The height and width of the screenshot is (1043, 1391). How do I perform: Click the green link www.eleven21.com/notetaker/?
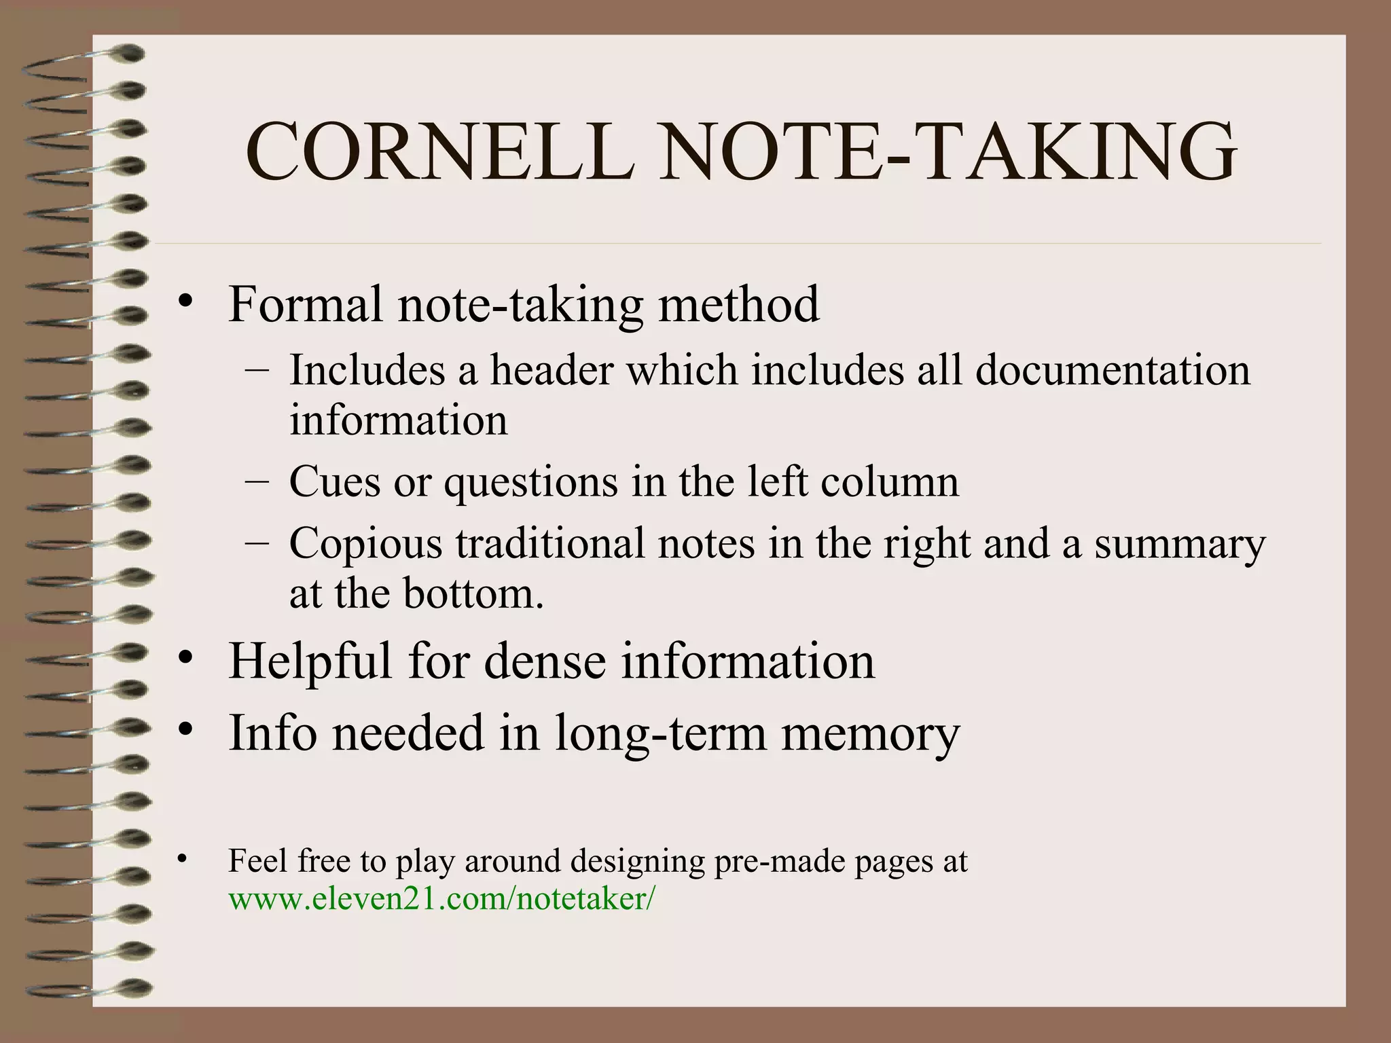[x=442, y=899]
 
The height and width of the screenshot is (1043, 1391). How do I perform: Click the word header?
[x=552, y=371]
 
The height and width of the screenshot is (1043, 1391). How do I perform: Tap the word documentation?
[x=1113, y=371]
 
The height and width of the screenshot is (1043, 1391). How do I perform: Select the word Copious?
[x=365, y=543]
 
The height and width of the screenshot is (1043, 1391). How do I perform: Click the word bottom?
[x=473, y=593]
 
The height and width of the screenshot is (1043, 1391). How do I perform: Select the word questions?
[x=530, y=483]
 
